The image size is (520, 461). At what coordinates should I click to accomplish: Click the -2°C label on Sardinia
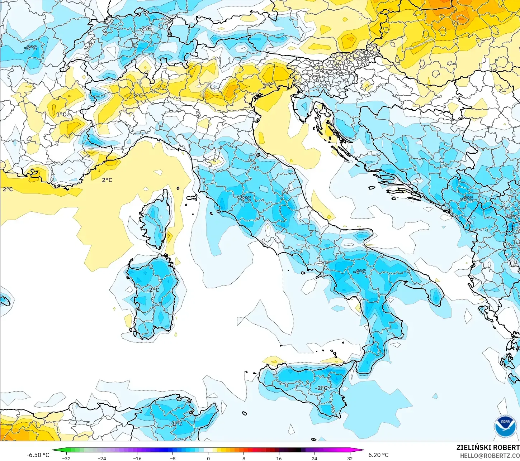tap(153, 289)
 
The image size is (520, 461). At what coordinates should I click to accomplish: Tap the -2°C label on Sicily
tap(321, 388)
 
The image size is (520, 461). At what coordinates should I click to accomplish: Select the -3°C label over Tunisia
tap(176, 423)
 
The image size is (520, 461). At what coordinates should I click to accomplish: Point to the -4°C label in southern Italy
tap(360, 272)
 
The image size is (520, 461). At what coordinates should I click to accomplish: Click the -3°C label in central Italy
tap(245, 198)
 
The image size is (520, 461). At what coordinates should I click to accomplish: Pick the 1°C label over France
tap(61, 114)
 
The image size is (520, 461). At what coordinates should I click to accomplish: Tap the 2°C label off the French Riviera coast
tap(107, 180)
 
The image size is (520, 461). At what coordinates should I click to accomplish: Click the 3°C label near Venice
tap(268, 86)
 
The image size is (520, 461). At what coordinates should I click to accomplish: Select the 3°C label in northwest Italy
tap(137, 96)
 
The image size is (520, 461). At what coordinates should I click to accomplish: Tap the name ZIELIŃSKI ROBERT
tap(488, 447)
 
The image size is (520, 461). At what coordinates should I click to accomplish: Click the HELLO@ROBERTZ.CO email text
tap(490, 455)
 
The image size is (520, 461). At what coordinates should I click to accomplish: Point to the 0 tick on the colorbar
tap(208, 458)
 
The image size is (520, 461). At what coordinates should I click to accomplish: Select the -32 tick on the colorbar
tap(66, 458)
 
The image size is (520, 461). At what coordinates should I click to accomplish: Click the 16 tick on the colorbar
tap(279, 458)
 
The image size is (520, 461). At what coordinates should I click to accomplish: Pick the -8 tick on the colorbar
tap(172, 458)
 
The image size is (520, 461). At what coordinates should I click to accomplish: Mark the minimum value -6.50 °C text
tap(38, 455)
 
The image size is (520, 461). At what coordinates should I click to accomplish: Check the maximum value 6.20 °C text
tap(378, 455)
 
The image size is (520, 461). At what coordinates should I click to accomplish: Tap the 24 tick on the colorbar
tap(314, 458)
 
